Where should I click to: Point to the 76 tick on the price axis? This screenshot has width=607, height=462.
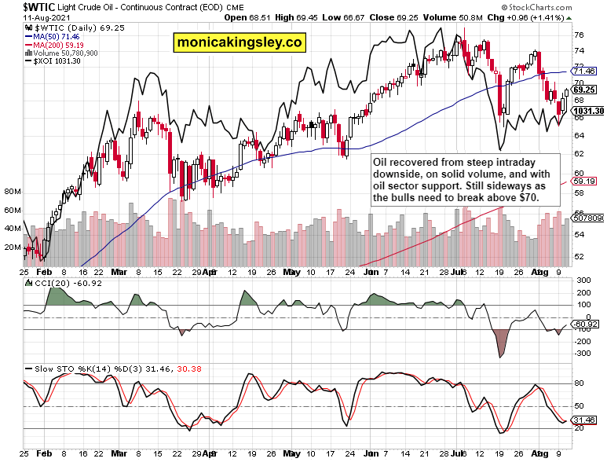578,35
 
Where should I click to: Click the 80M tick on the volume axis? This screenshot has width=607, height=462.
12,192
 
